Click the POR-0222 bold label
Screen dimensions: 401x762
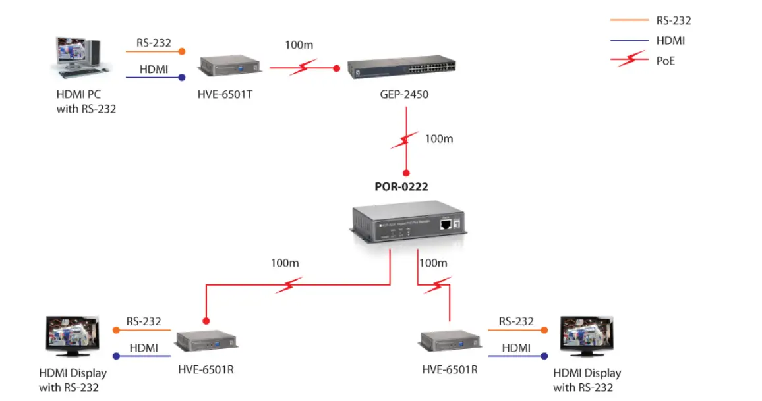[x=401, y=187]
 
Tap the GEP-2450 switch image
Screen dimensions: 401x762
[x=401, y=68]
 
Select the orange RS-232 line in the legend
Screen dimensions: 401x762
[x=629, y=20]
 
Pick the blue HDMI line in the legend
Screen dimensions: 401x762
[x=629, y=41]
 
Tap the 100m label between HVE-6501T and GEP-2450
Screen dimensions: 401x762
[x=299, y=45]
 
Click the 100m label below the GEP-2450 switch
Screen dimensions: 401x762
[x=438, y=139]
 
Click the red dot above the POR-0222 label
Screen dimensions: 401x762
[x=406, y=173]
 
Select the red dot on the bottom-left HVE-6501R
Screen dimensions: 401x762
[x=206, y=321]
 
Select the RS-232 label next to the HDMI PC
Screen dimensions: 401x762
[x=154, y=43]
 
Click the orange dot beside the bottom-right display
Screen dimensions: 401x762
[x=544, y=330]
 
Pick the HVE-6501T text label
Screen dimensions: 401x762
[x=225, y=95]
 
